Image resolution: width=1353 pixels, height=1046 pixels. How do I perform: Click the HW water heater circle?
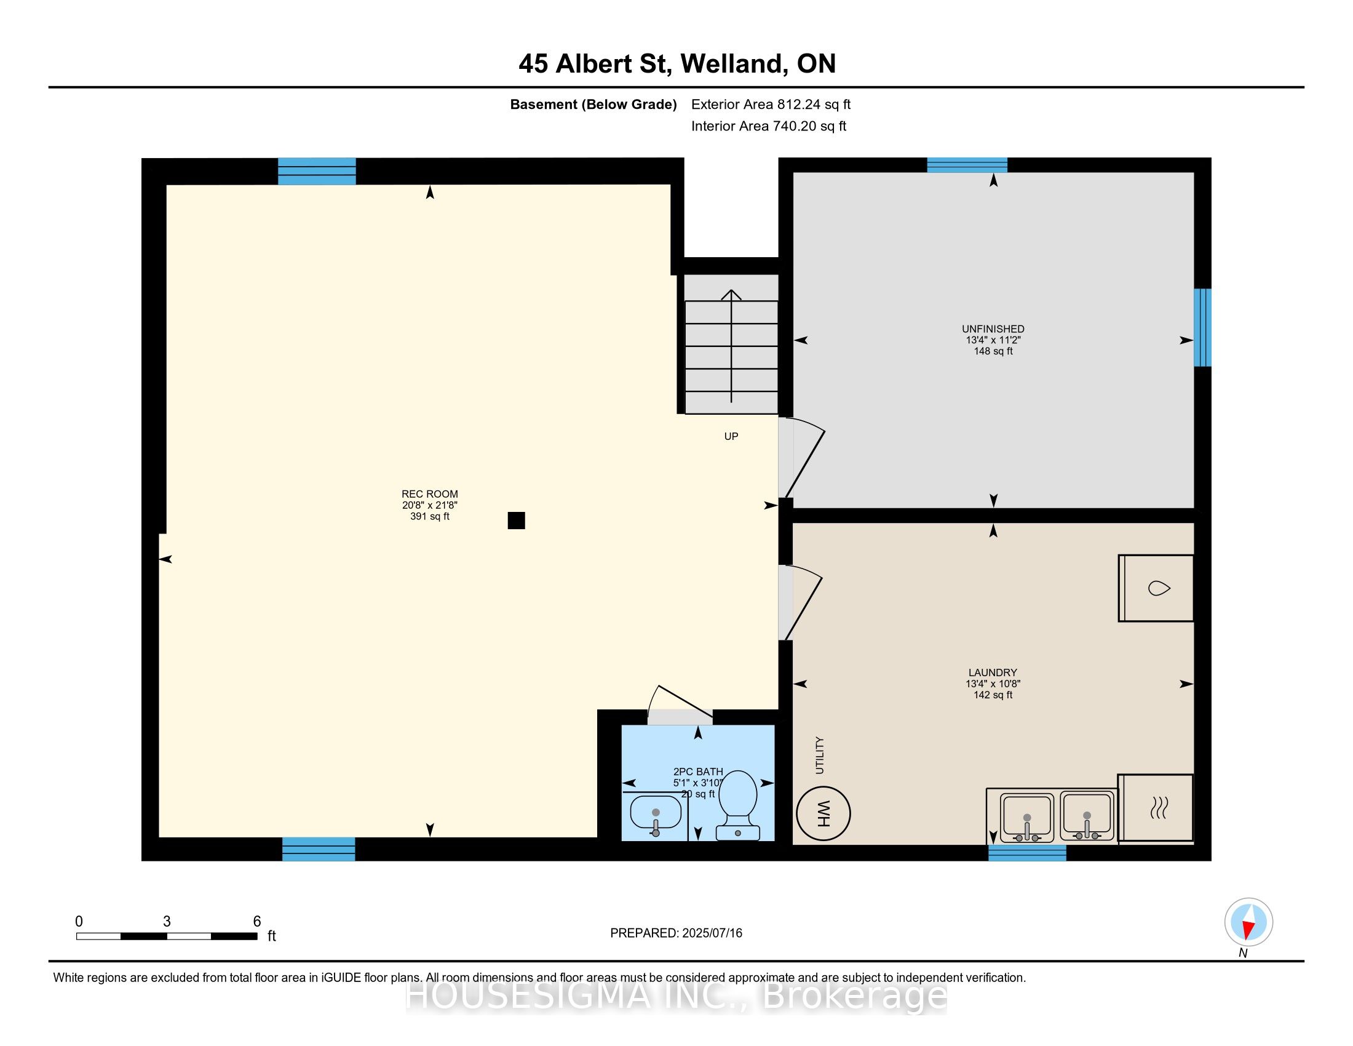823,813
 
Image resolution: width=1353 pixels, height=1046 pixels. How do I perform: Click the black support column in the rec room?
516,521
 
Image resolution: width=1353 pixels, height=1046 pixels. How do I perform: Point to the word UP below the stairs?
731,436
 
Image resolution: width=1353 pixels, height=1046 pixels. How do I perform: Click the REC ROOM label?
430,494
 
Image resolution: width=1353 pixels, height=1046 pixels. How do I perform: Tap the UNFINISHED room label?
993,329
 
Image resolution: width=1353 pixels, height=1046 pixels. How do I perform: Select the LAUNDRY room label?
993,673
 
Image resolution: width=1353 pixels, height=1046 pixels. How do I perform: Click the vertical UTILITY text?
820,755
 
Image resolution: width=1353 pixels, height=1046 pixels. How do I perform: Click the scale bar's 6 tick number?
257,922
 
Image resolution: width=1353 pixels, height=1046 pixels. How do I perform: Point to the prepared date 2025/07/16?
712,933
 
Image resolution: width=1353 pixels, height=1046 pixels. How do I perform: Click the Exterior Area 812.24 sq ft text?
771,104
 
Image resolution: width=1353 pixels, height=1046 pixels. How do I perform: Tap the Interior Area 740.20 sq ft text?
768,126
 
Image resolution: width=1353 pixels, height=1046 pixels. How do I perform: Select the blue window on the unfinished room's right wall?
1202,327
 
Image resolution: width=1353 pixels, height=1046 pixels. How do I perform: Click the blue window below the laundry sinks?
1027,853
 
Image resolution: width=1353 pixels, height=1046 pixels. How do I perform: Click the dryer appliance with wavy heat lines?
1156,808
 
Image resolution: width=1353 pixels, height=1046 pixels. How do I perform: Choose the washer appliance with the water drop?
1156,588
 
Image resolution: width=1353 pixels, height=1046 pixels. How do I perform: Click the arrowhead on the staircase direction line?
732,294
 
